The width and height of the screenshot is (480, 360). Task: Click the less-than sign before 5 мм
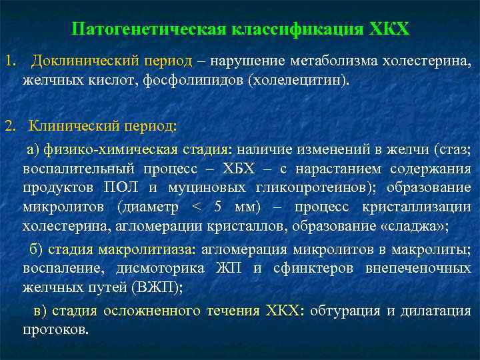pyautogui.click(x=194, y=207)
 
